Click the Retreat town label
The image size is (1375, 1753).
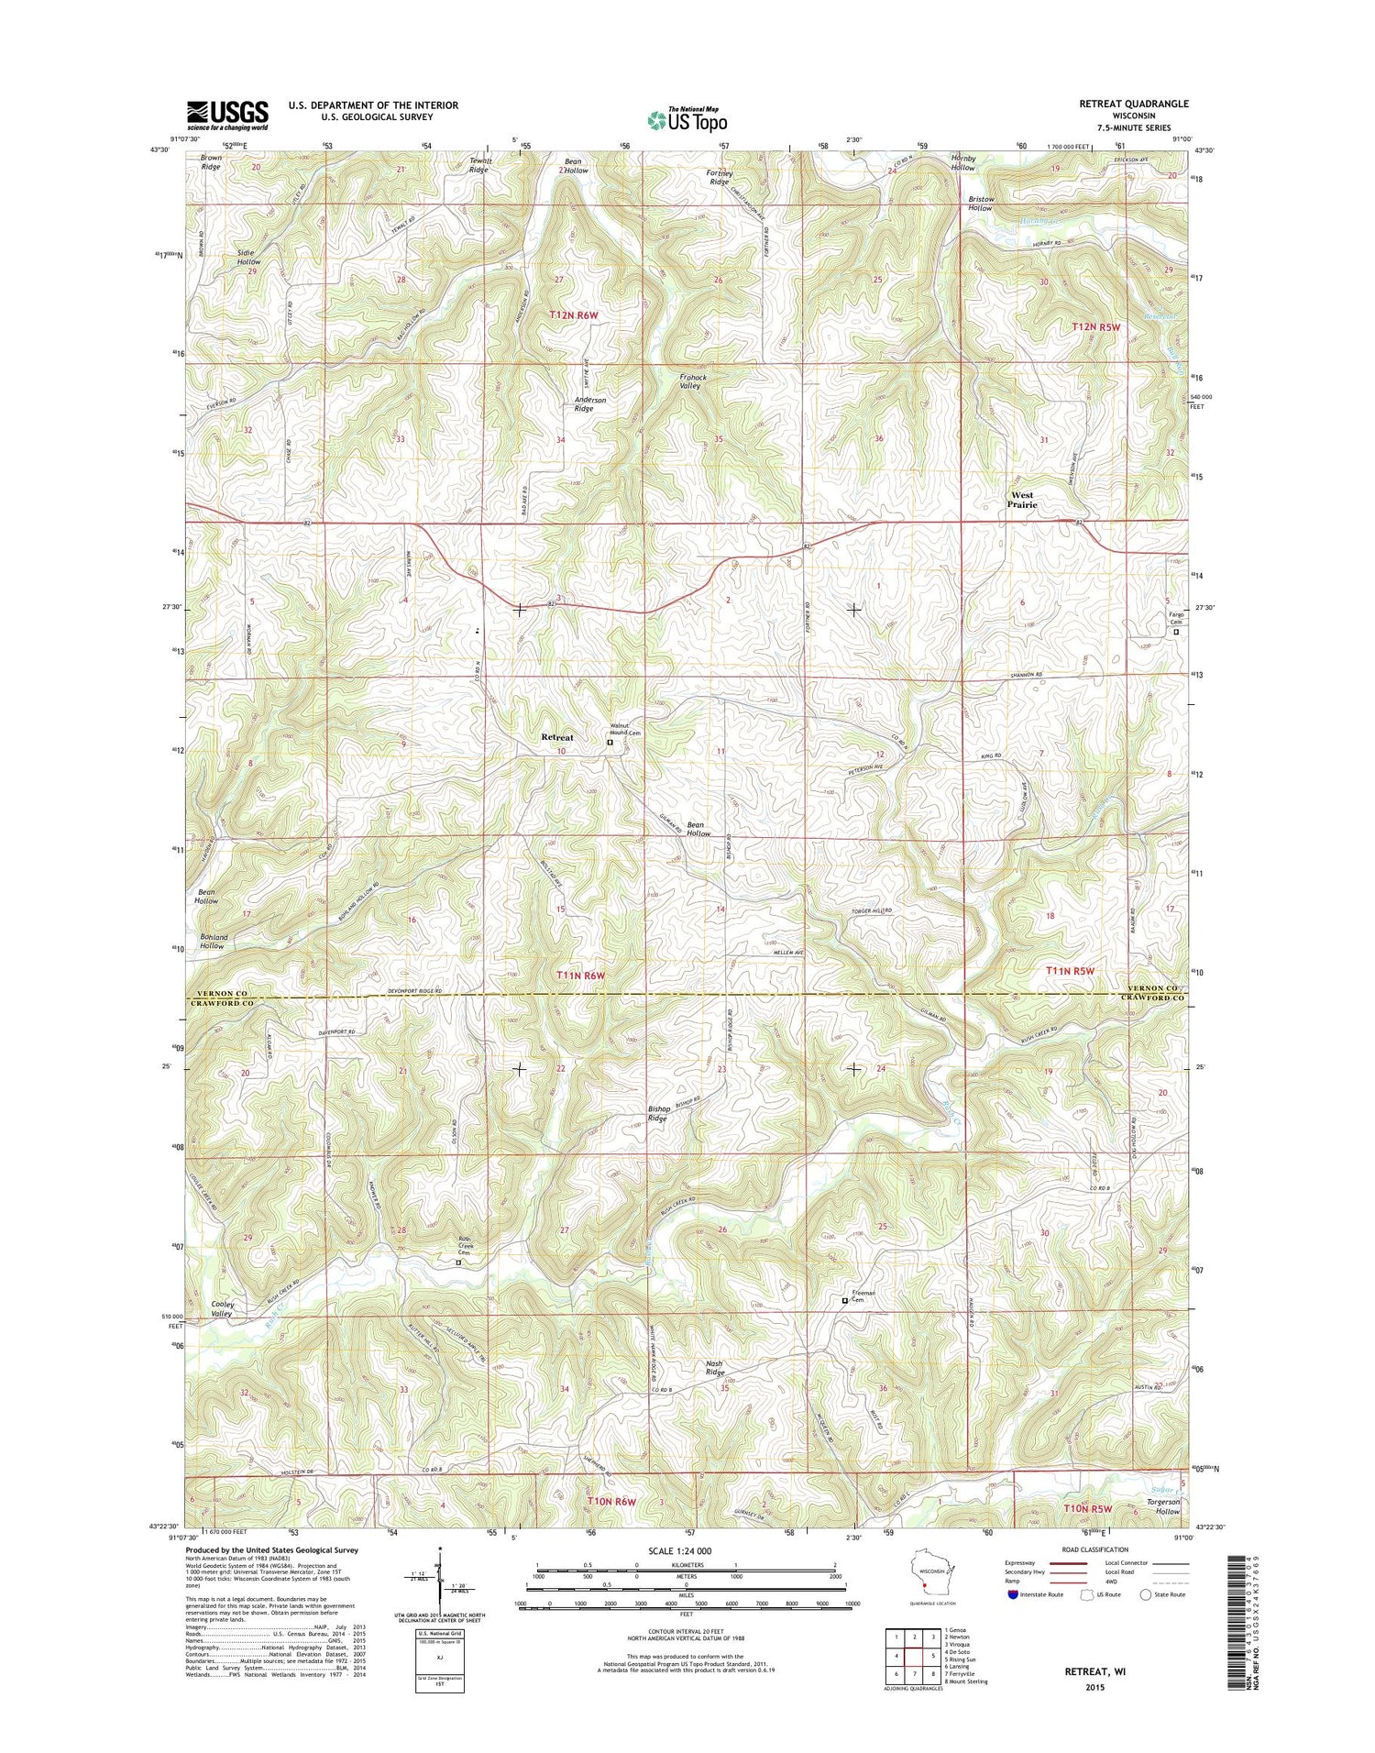pyautogui.click(x=557, y=737)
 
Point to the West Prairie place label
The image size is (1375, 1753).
pyautogui.click(x=1022, y=500)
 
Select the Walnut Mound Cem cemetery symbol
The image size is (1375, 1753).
pyautogui.click(x=610, y=744)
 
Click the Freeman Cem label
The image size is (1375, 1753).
pyautogui.click(x=864, y=1296)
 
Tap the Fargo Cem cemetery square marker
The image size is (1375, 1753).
pyautogui.click(x=1177, y=631)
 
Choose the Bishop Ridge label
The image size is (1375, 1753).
pyautogui.click(x=658, y=1114)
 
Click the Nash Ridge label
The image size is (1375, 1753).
pyautogui.click(x=714, y=1368)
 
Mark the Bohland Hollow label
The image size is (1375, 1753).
pyautogui.click(x=213, y=941)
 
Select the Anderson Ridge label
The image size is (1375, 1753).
pyautogui.click(x=590, y=404)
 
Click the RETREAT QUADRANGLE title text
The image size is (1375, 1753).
pyautogui.click(x=1133, y=104)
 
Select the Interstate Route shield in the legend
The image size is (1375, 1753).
pyautogui.click(x=1012, y=1594)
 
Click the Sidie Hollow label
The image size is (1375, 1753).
pyautogui.click(x=248, y=257)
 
